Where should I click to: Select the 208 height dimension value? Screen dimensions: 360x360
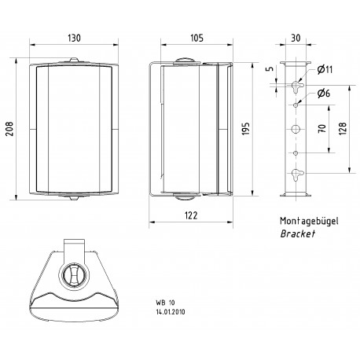click(x=10, y=127)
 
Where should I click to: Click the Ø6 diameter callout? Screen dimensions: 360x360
click(x=324, y=95)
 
